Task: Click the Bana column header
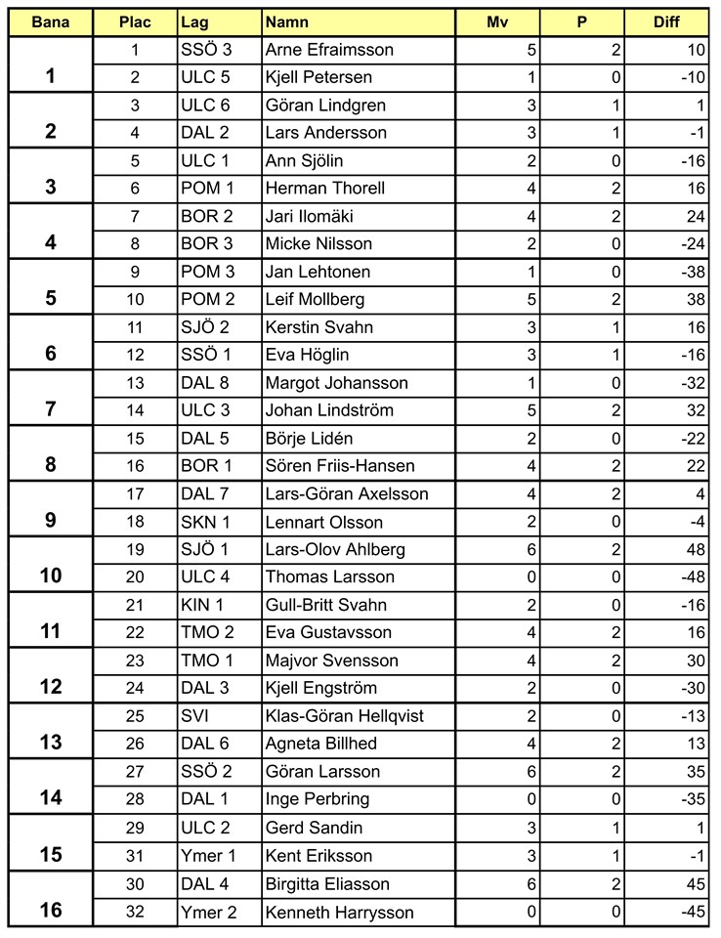[x=50, y=21]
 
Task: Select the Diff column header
[x=667, y=21]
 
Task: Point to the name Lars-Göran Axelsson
[x=347, y=494]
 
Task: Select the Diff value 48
[x=696, y=550]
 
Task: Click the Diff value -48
[x=693, y=577]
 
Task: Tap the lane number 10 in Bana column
[x=50, y=576]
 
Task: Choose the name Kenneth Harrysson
[x=339, y=913]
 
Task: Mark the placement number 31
[x=135, y=856]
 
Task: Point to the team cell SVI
[x=193, y=716]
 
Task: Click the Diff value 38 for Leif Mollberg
[x=696, y=299]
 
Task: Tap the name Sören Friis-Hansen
[x=340, y=466]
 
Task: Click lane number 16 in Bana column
[x=50, y=910]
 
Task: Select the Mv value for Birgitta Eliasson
[x=531, y=884]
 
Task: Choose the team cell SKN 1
[x=200, y=522]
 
